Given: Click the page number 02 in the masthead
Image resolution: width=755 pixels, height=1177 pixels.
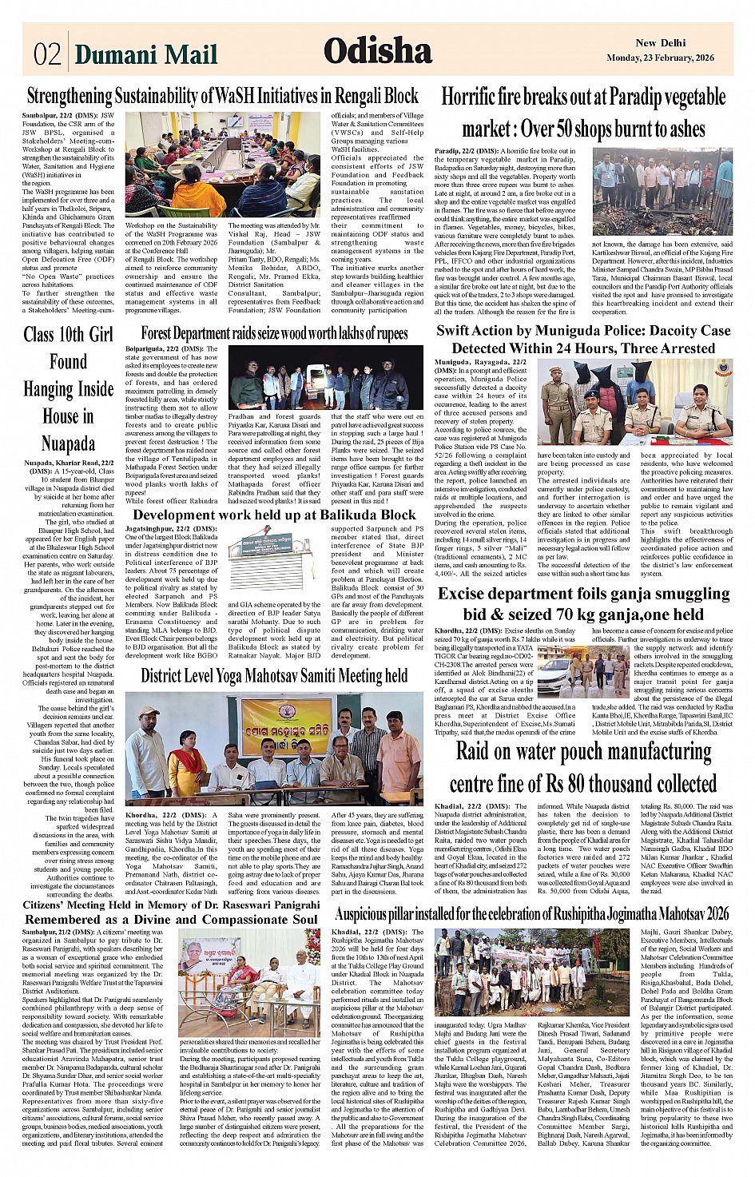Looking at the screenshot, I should [x=47, y=54].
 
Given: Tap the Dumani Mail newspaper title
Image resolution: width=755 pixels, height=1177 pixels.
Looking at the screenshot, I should [x=145, y=54].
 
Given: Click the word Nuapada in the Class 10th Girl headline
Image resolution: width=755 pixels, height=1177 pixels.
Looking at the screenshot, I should [x=68, y=443].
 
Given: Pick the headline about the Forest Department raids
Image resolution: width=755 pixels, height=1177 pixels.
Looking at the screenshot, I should [x=274, y=332].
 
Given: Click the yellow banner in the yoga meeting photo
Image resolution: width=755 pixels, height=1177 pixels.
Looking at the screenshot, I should [x=286, y=726].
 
